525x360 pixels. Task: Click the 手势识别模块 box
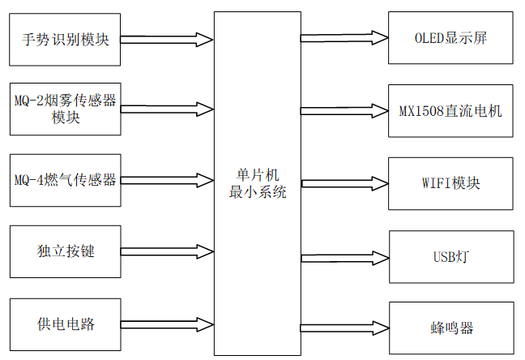point(65,39)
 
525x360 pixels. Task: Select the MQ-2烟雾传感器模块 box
point(65,109)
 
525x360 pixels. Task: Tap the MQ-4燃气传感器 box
point(65,180)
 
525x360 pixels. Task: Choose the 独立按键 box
point(65,251)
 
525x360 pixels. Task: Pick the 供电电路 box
point(65,324)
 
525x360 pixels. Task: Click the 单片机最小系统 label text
point(257,186)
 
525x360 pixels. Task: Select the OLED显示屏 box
point(450,38)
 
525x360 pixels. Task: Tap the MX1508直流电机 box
point(450,109)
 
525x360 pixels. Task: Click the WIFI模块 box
point(450,183)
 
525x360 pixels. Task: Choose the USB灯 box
point(450,257)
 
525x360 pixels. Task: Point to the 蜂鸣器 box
point(450,328)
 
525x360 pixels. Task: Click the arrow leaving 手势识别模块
point(166,38)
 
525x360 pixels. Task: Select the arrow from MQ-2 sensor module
point(166,109)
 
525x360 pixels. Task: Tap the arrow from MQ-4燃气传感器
point(166,180)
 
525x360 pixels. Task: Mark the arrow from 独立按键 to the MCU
point(166,251)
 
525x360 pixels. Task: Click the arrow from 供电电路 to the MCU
point(166,324)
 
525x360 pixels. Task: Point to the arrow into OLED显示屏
point(344,38)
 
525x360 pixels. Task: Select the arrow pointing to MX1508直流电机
point(344,109)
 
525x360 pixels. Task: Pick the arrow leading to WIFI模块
point(344,183)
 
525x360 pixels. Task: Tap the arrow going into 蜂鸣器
point(344,328)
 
